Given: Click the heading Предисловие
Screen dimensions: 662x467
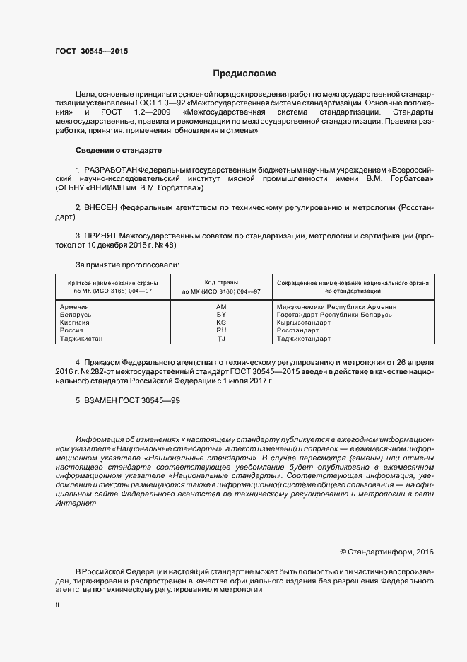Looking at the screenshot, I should [x=244, y=74].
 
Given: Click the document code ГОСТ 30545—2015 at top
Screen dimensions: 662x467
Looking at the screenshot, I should [x=92, y=52].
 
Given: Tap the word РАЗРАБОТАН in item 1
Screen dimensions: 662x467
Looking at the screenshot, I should [x=110, y=170].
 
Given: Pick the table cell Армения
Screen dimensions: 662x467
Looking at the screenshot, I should [x=75, y=307].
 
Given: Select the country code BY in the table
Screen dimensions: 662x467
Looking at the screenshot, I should [x=220, y=315].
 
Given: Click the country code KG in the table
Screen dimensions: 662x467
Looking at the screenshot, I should [x=220, y=323].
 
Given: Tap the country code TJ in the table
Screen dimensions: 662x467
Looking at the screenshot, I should [x=220, y=339].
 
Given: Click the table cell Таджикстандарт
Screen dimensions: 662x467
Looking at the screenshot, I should [x=304, y=339].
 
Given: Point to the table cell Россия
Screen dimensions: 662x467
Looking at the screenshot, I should [x=73, y=330].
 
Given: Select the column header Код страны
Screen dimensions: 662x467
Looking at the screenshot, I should [x=220, y=282].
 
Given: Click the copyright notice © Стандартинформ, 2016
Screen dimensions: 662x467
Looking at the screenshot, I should [x=386, y=551].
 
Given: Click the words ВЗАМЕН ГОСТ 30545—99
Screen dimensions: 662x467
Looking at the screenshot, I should [x=128, y=401].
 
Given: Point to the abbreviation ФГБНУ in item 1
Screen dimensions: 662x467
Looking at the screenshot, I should [x=72, y=189].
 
